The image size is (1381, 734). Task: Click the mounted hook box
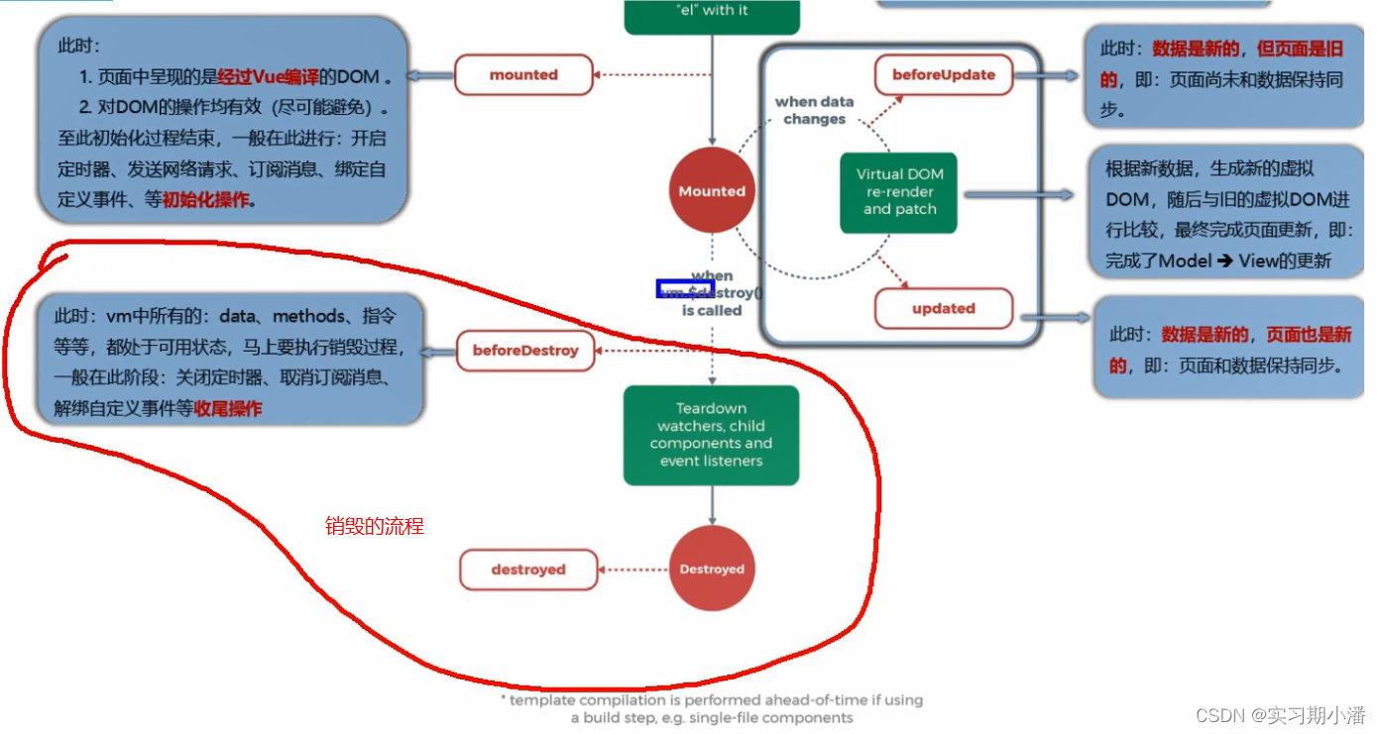pyautogui.click(x=523, y=75)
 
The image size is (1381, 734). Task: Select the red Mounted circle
pyautogui.click(x=712, y=191)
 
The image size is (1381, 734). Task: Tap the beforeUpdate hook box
pyautogui.click(x=943, y=75)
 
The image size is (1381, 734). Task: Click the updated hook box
pyautogui.click(x=943, y=309)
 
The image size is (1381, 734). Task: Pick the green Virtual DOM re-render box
pyautogui.click(x=898, y=192)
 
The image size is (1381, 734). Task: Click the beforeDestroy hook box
pyautogui.click(x=525, y=351)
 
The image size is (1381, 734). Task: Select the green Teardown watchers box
pyautogui.click(x=711, y=435)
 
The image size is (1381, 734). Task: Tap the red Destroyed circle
pyautogui.click(x=712, y=570)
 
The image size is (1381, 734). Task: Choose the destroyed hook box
pyautogui.click(x=528, y=571)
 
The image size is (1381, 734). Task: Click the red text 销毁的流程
pyautogui.click(x=375, y=527)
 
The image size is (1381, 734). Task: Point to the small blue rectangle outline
pyautogui.click(x=684, y=288)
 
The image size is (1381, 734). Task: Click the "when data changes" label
pyautogui.click(x=814, y=110)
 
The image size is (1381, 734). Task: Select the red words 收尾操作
pyautogui.click(x=228, y=408)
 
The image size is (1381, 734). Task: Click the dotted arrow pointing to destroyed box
pyautogui.click(x=634, y=570)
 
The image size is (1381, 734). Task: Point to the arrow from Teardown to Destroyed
pyautogui.click(x=712, y=505)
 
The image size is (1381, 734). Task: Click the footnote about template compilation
pyautogui.click(x=712, y=708)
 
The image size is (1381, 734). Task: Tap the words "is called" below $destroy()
pyautogui.click(x=712, y=310)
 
